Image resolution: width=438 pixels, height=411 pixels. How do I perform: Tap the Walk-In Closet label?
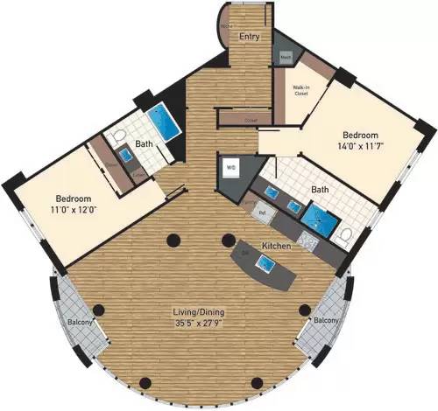point(292,89)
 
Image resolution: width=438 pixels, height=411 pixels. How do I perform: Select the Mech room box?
point(286,57)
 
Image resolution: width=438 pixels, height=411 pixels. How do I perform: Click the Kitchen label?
point(276,247)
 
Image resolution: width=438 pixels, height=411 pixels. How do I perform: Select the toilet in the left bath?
point(117,137)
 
